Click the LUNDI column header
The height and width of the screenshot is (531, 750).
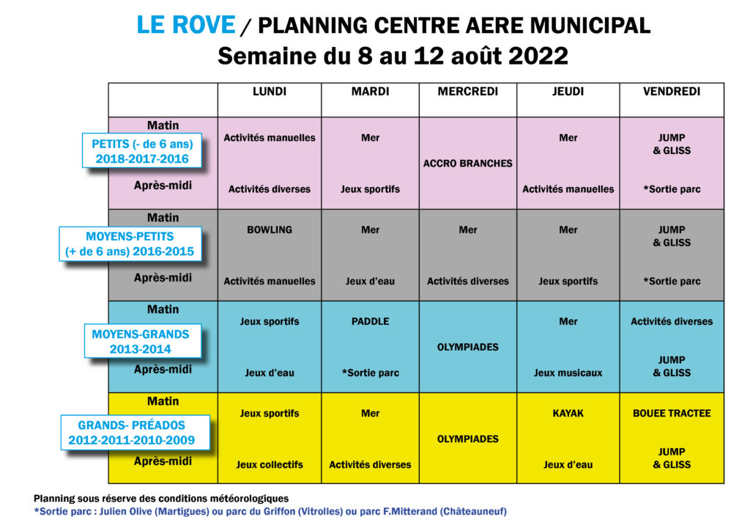269,92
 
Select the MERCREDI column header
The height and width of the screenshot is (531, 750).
467,92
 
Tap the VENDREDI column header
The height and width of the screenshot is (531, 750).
671,92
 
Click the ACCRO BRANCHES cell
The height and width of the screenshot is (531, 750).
467,164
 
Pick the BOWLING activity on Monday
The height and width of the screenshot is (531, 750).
269,230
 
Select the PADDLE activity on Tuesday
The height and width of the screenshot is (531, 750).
370,321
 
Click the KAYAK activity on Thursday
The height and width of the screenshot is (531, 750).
568,413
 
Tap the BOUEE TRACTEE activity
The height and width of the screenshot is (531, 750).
671,413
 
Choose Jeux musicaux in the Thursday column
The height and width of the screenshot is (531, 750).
568,373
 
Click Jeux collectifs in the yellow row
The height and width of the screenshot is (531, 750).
269,464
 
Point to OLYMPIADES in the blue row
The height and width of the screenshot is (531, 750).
467,347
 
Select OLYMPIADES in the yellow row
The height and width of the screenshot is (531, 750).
467,439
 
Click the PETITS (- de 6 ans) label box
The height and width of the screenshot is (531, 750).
141,151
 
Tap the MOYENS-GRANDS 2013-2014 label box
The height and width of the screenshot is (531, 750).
141,341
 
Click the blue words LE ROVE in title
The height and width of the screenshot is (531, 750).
186,25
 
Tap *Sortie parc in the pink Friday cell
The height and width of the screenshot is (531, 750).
671,189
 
